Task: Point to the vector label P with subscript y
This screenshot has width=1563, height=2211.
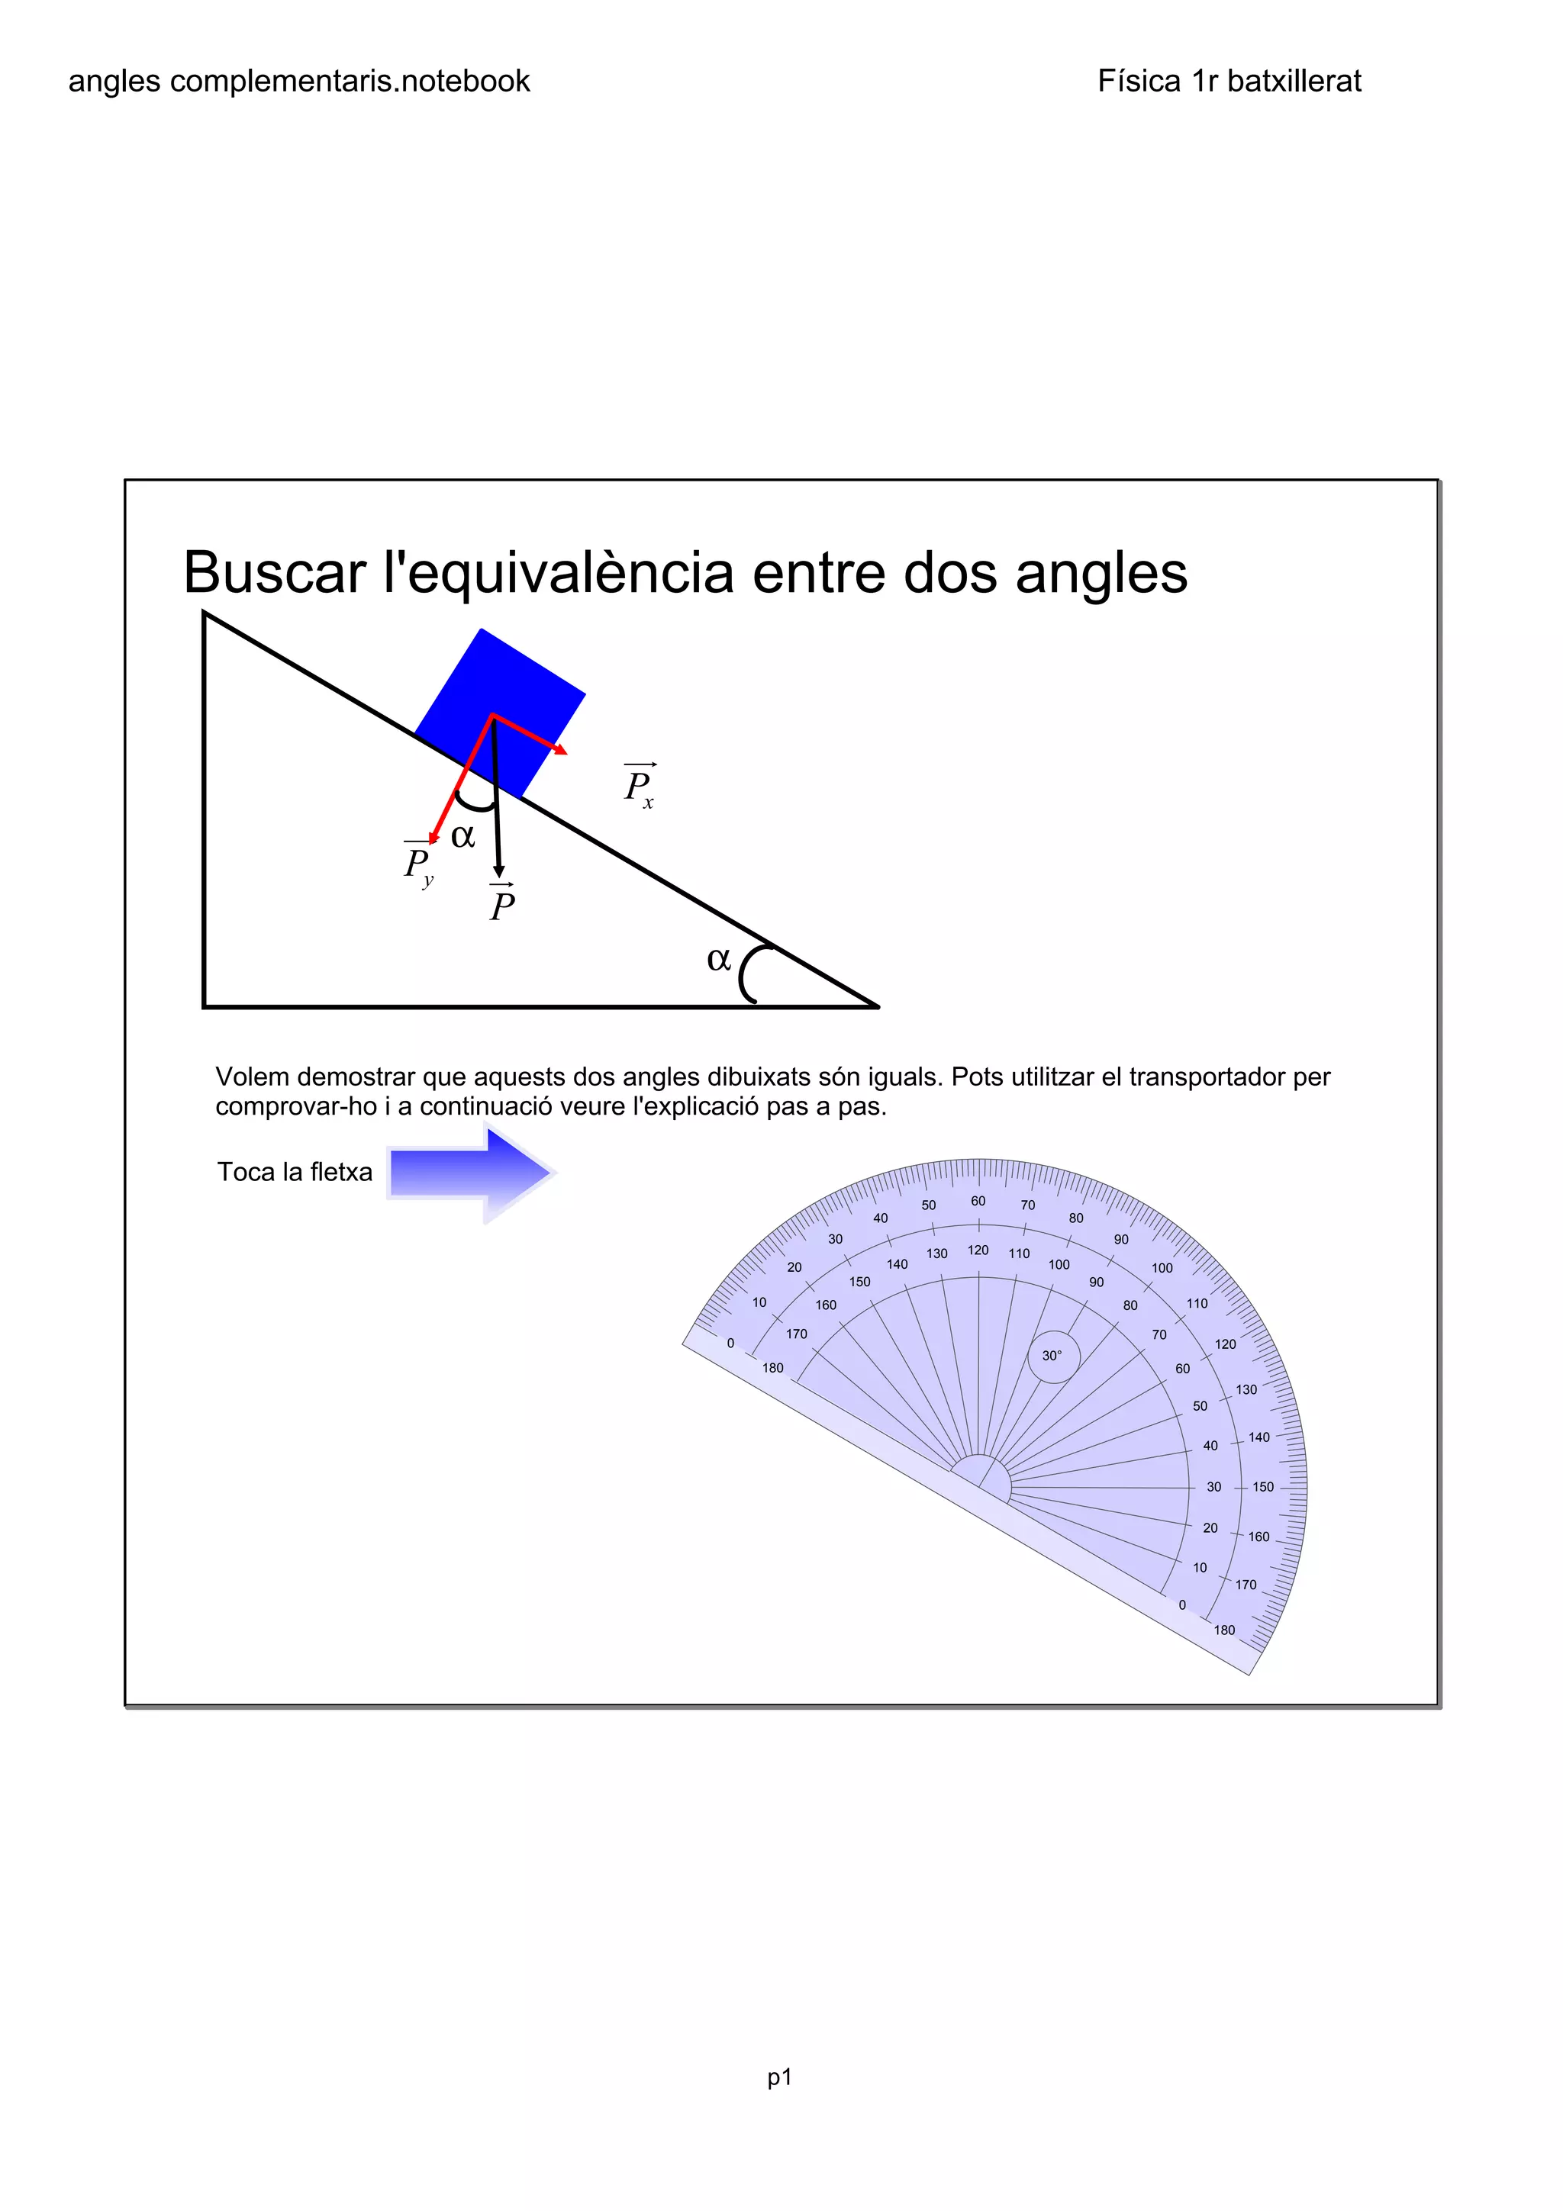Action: [419, 864]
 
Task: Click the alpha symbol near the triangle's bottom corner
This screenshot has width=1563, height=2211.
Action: [718, 959]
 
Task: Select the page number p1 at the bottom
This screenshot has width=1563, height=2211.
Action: [779, 2077]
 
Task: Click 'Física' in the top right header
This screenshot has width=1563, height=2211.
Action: [1139, 81]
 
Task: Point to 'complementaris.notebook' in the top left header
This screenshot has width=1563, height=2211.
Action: [350, 81]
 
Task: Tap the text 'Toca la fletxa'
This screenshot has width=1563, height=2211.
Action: [295, 1172]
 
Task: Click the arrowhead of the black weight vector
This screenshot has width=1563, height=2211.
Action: [499, 871]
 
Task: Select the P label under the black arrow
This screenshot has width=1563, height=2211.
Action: [501, 904]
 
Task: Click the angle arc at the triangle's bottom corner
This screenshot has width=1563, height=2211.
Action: [747, 973]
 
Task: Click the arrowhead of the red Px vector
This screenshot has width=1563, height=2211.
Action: [562, 749]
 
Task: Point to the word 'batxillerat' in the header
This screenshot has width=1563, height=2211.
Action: [1294, 81]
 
